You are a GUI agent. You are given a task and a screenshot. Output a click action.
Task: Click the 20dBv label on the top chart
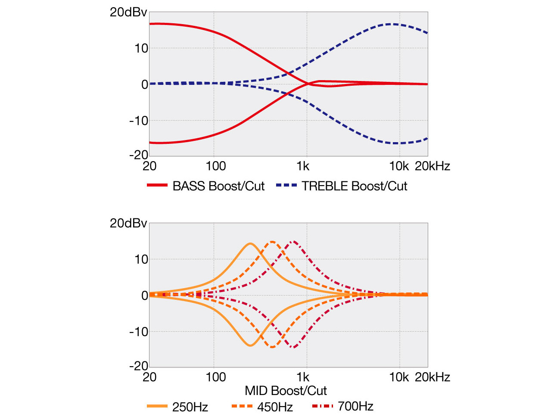pos(128,12)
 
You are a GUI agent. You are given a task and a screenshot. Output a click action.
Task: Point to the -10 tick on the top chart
pos(139,121)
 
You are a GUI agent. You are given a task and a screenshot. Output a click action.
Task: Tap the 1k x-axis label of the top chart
pos(303,166)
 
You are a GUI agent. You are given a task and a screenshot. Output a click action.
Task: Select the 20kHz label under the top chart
pos(432,166)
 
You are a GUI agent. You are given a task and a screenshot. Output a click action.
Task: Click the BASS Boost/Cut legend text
pos(218,186)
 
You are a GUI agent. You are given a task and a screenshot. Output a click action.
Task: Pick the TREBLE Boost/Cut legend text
pos(354,186)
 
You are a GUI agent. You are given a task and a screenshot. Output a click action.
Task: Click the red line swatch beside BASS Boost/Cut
pos(157,186)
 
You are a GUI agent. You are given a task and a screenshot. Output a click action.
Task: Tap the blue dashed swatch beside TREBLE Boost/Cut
pos(286,186)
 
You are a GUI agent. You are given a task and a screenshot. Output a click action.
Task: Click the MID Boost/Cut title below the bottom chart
pos(286,391)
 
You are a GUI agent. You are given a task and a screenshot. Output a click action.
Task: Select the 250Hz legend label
pos(190,407)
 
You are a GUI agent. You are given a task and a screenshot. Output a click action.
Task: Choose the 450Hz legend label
pos(275,407)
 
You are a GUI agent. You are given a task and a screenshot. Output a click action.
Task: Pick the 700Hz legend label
pos(355,406)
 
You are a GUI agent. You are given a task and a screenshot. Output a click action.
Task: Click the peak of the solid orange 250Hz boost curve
pos(250,243)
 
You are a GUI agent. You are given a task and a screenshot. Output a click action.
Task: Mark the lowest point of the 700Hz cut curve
pos(293,347)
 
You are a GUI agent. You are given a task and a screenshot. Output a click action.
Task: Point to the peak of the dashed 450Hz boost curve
pos(272,242)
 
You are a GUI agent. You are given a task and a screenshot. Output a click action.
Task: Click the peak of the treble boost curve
pos(391,24)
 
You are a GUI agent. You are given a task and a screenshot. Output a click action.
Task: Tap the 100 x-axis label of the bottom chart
pos(215,377)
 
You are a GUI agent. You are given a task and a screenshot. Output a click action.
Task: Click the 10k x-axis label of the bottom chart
pos(399,377)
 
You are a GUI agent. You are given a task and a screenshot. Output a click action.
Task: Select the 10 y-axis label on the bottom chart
pos(141,259)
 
